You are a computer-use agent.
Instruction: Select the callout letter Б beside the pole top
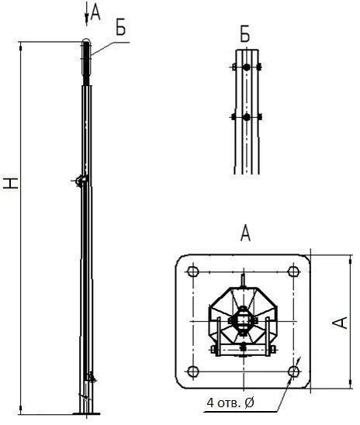pyautogui.click(x=120, y=28)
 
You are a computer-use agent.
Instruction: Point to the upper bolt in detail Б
pyautogui.click(x=246, y=68)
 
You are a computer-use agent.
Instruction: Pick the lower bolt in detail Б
pyautogui.click(x=246, y=117)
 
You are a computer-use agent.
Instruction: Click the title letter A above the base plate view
pyautogui.click(x=245, y=233)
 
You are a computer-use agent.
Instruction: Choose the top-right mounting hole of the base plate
pyautogui.click(x=292, y=271)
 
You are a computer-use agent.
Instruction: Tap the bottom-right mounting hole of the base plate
pyautogui.click(x=292, y=370)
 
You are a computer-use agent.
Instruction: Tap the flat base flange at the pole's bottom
pyautogui.click(x=86, y=413)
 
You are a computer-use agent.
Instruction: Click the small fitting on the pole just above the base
pyautogui.click(x=92, y=378)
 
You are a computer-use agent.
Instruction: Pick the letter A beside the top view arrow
pyautogui.click(x=95, y=10)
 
